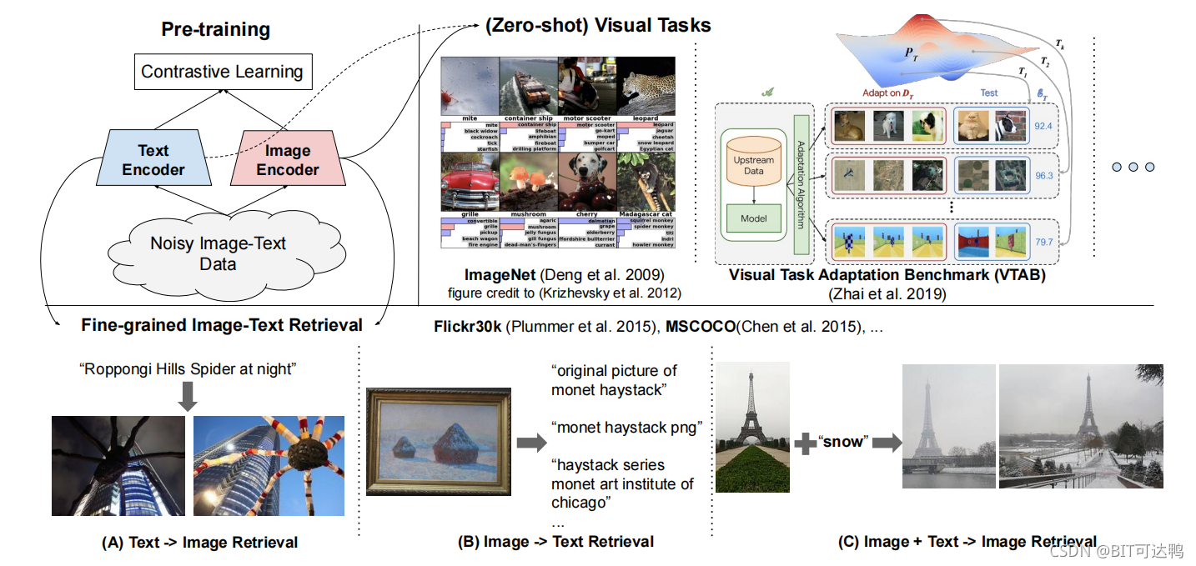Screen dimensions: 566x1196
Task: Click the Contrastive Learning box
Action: pos(222,72)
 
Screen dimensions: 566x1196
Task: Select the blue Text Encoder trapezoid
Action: pos(153,159)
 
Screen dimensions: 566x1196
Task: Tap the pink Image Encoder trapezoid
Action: pos(288,159)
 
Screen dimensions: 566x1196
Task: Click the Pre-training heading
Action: pos(215,30)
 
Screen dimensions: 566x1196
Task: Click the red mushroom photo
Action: pos(529,181)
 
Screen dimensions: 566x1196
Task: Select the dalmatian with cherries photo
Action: pos(587,181)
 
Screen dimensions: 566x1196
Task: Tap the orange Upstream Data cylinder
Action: pos(753,164)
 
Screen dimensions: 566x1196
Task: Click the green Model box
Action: pos(753,218)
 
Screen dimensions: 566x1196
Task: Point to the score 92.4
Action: pos(1043,127)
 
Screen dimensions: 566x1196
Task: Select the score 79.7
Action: pos(1043,242)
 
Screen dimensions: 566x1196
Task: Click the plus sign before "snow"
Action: pos(805,443)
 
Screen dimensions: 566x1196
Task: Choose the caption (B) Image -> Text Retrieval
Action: pos(555,542)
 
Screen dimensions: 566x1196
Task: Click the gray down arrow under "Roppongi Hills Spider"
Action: pos(188,397)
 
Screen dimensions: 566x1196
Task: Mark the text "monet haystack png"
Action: pos(626,428)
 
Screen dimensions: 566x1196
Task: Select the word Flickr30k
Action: pos(467,326)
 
